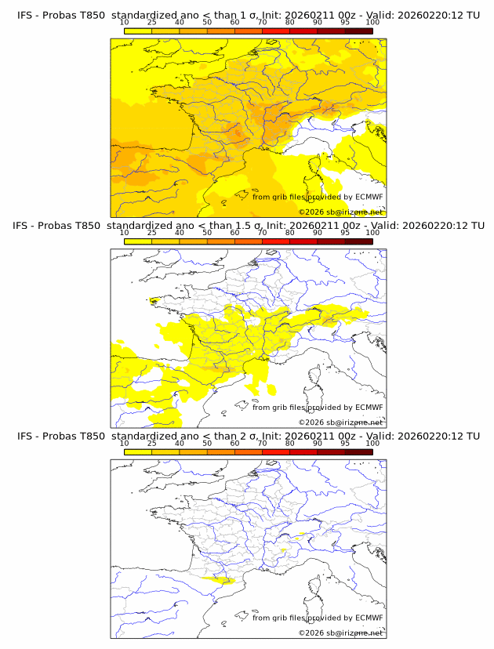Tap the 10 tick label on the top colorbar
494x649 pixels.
[125, 22]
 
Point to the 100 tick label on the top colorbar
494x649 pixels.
[372, 22]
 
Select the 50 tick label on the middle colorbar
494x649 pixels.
[207, 233]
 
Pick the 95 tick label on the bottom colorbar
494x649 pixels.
[345, 443]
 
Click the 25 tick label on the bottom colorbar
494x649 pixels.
[152, 443]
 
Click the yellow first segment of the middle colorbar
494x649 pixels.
[138, 241]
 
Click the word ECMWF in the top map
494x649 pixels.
[369, 197]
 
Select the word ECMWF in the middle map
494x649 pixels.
[369, 407]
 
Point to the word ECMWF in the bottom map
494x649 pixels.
[369, 618]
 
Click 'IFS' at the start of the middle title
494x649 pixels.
[25, 225]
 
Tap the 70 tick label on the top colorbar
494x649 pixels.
[262, 22]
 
